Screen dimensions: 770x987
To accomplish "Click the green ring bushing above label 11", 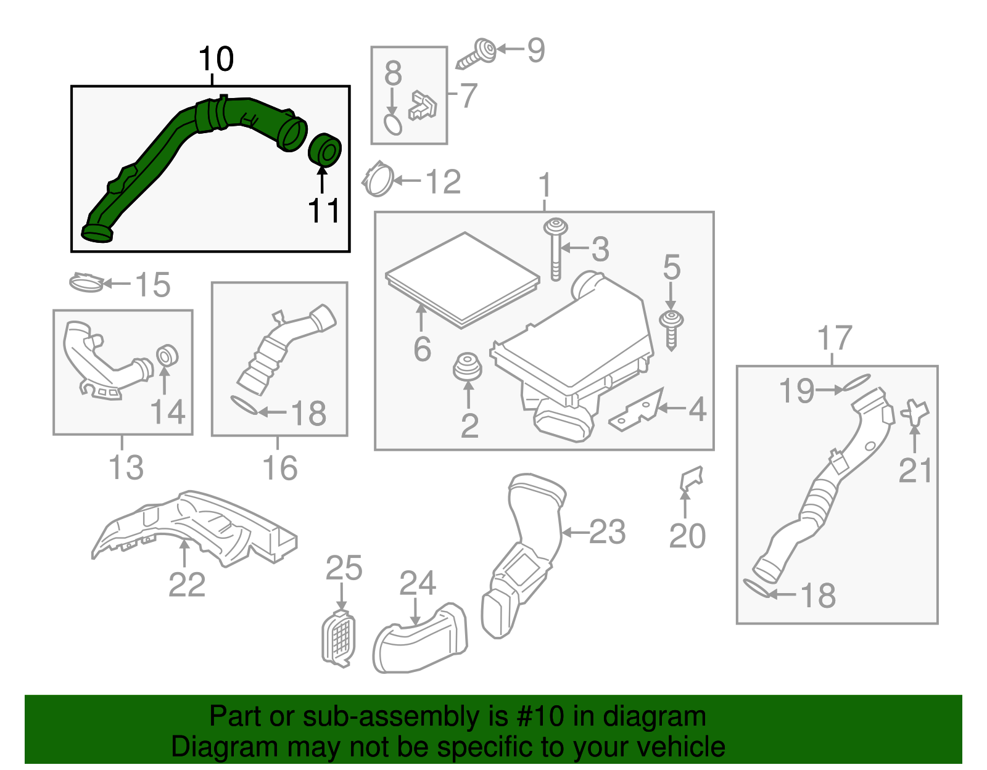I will click(324, 150).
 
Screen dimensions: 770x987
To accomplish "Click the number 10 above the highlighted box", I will click(216, 59).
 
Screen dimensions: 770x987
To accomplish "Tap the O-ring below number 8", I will click(393, 124).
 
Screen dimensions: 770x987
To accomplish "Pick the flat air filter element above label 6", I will click(462, 278).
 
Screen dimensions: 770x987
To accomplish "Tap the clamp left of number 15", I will click(86, 283).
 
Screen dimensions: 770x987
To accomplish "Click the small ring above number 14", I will click(167, 356).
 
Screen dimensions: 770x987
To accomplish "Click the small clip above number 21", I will click(914, 412).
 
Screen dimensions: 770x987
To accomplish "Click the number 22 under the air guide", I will click(186, 584).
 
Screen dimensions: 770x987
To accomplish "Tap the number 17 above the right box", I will click(834, 338).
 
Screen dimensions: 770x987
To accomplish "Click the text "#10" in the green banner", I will click(536, 717).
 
